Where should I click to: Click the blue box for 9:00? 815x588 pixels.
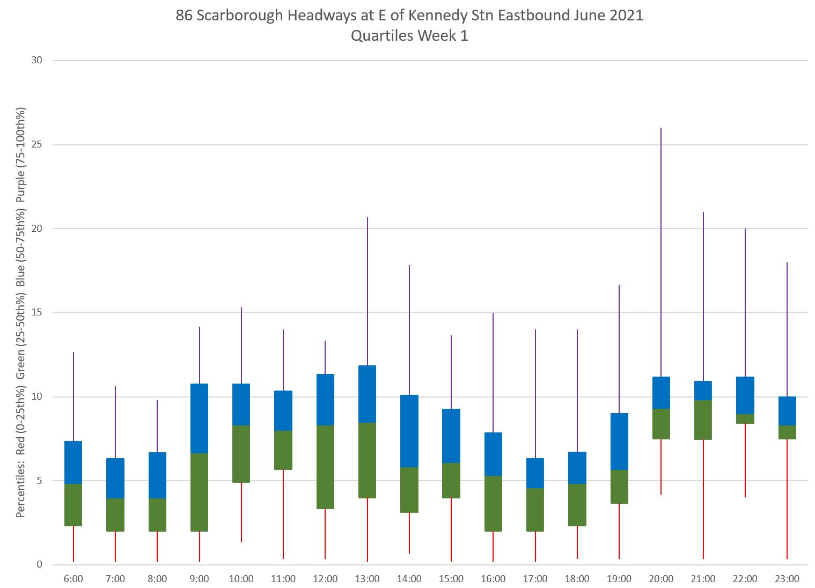click(x=199, y=418)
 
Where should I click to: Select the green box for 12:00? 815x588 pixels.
click(x=325, y=467)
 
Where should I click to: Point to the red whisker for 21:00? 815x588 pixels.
click(x=703, y=499)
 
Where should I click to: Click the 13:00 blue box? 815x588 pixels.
click(x=368, y=394)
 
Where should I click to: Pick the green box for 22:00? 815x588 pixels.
click(x=745, y=419)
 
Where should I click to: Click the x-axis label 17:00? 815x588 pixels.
click(x=535, y=579)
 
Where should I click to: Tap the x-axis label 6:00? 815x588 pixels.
click(x=73, y=579)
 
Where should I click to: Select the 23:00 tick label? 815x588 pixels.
click(x=787, y=579)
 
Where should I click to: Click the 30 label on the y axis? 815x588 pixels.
click(x=36, y=61)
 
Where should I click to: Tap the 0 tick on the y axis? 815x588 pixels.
click(x=39, y=565)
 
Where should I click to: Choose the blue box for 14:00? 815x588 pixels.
click(x=409, y=431)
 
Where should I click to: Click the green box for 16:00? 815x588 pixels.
click(x=493, y=503)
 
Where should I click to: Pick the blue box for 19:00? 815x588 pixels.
click(x=619, y=442)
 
